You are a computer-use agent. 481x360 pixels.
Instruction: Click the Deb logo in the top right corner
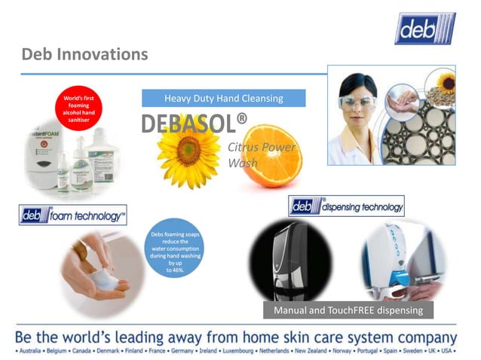[x=425, y=28]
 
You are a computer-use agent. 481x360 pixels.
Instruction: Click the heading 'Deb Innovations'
[x=84, y=54]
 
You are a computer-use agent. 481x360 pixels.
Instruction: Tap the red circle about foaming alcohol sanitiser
[x=78, y=108]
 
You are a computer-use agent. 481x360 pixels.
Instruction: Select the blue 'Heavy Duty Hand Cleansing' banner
[x=223, y=98]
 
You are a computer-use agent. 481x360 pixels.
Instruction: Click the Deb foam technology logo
[x=72, y=215]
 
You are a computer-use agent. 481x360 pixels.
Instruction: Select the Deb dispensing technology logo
[x=346, y=206]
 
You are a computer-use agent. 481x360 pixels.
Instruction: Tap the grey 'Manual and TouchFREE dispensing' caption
[x=348, y=310]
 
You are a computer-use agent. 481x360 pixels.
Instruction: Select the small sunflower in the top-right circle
[x=447, y=81]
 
